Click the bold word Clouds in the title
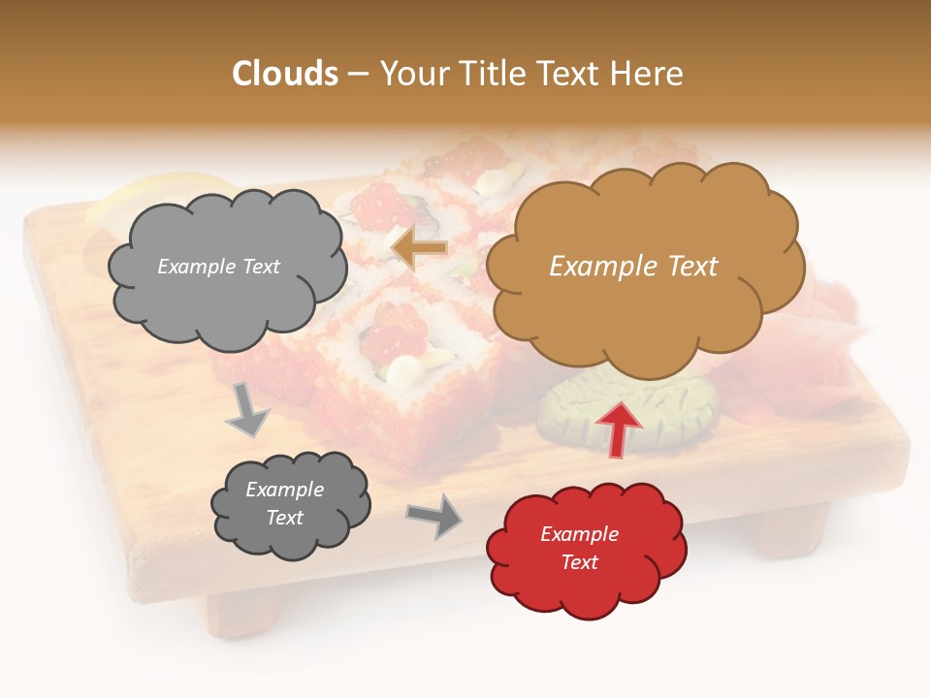(285, 74)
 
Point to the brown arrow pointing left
(419, 249)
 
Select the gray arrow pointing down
(247, 409)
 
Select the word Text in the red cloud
(579, 562)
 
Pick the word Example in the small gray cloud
(284, 490)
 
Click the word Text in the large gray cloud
(259, 267)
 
